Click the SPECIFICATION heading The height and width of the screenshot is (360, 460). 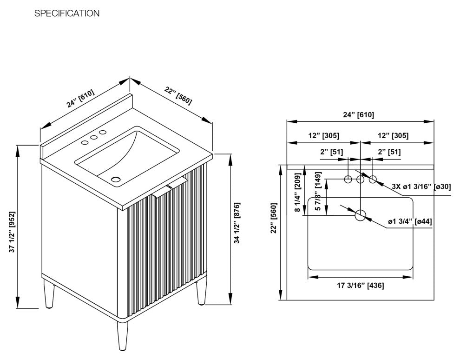tap(67, 13)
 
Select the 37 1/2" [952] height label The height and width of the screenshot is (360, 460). tap(13, 232)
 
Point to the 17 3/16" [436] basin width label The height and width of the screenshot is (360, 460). tap(360, 286)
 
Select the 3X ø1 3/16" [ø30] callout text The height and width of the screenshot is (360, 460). tap(421, 187)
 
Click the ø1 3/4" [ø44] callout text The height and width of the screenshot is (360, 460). tap(409, 221)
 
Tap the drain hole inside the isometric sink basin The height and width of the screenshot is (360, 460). tap(116, 179)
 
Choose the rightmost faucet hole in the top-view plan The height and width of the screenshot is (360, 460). tap(373, 179)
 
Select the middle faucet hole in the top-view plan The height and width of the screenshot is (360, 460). tap(361, 179)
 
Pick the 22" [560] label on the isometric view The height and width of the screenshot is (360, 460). tap(177, 96)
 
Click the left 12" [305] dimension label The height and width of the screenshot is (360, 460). tap(324, 136)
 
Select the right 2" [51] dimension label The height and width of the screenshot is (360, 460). tap(388, 152)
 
